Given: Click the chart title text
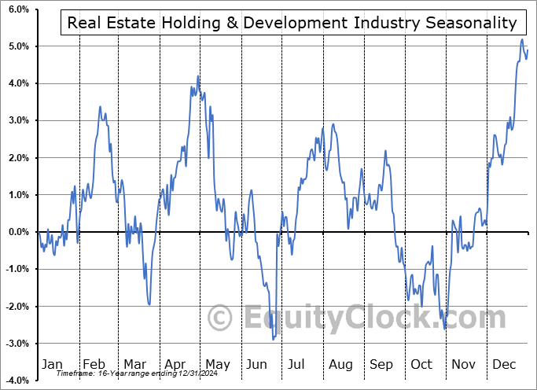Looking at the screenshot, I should (292, 23).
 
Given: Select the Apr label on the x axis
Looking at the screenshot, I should (175, 364).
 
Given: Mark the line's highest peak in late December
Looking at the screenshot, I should (522, 39).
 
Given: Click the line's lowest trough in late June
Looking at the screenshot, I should (273, 339).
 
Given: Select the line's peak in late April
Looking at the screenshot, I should (198, 76).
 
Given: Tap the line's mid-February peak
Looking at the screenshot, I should (100, 106).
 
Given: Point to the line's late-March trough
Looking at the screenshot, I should (149, 304).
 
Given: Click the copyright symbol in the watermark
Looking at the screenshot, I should (221, 318).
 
